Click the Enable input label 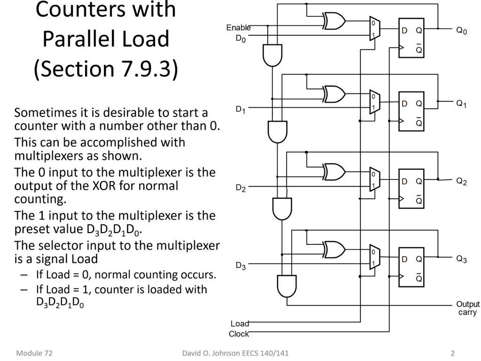pyautogui.click(x=238, y=28)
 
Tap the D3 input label pyautogui.click(x=240, y=267)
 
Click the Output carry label pyautogui.click(x=468, y=308)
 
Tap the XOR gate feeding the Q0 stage pyautogui.click(x=334, y=21)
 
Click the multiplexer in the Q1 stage pyautogui.click(x=373, y=102)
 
